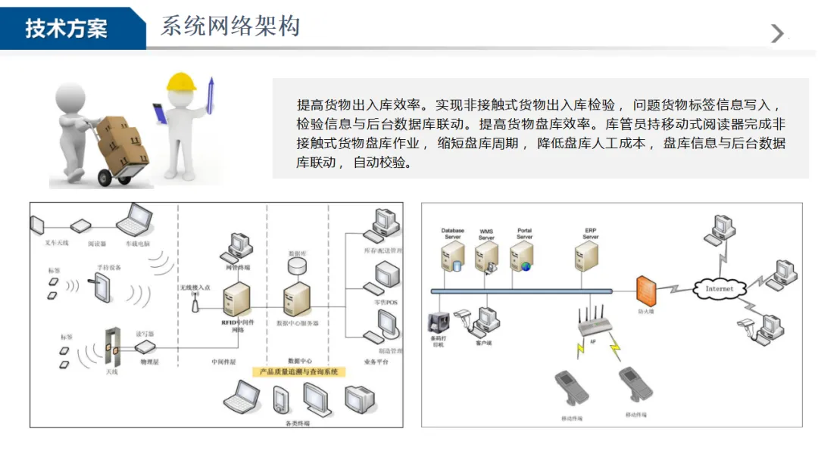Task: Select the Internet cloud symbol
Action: tap(719, 288)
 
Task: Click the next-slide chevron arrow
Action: tap(777, 33)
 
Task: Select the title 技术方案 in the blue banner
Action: tap(67, 29)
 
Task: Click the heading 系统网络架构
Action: tap(230, 26)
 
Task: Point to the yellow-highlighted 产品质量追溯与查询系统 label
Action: tap(298, 372)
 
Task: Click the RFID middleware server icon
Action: tap(237, 300)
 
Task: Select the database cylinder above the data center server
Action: tap(298, 267)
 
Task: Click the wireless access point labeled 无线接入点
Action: tap(195, 303)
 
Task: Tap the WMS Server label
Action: tap(486, 235)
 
